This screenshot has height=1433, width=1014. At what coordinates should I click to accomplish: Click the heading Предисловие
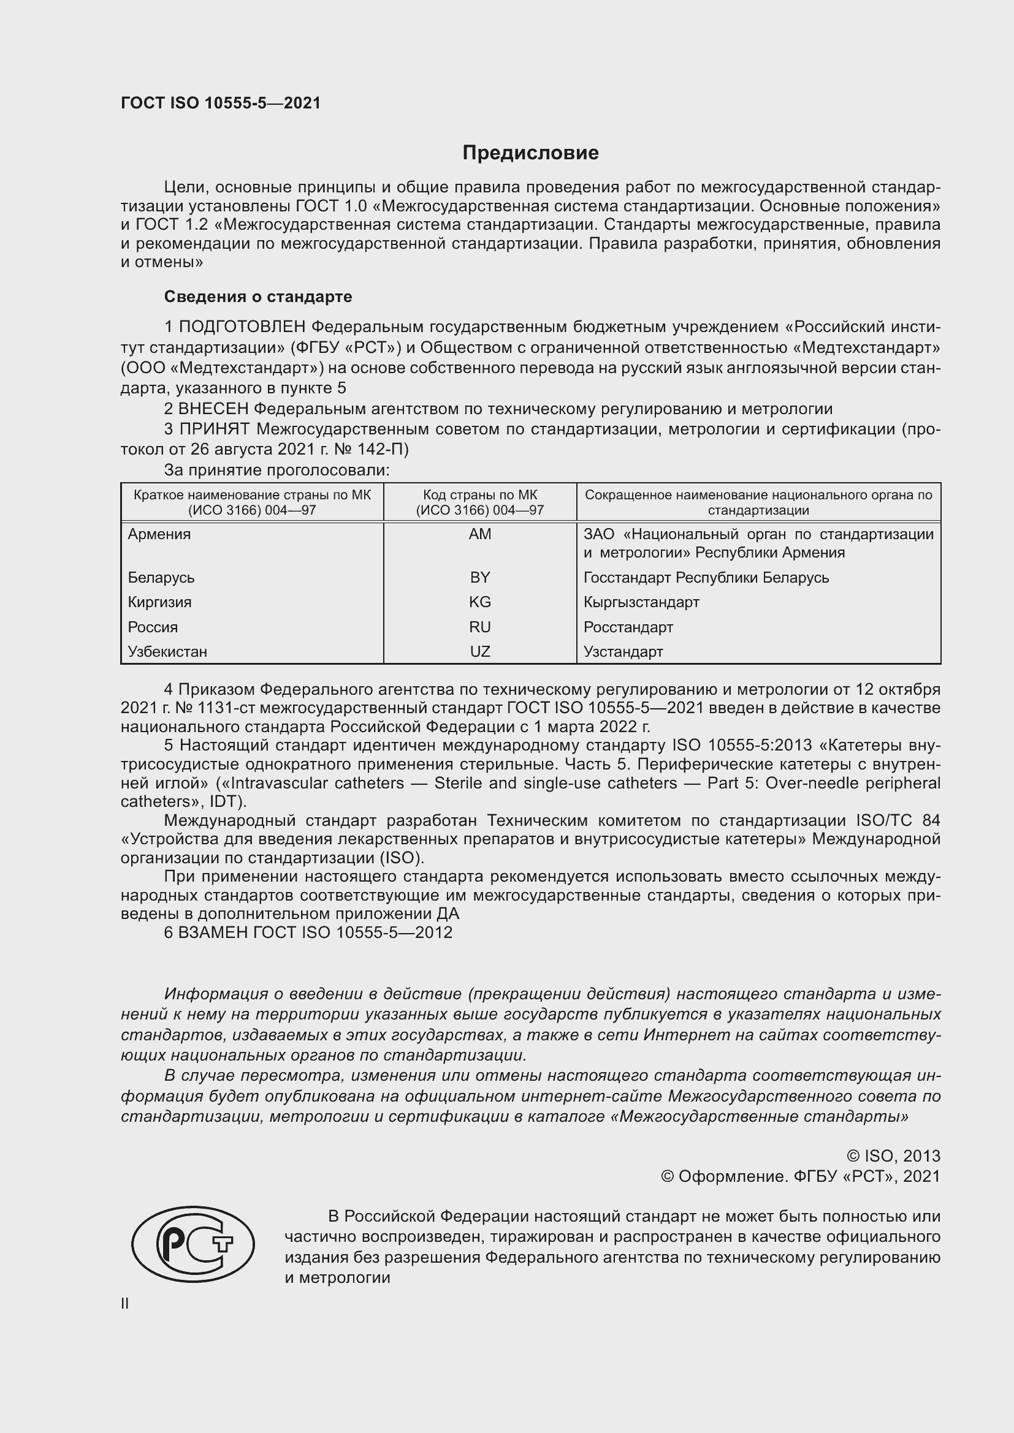coord(530,153)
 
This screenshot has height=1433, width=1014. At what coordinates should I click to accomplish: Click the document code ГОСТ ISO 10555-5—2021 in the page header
coord(221,103)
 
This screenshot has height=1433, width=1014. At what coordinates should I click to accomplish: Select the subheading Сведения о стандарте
coord(258,297)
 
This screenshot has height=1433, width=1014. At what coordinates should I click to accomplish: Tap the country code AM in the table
coord(479,534)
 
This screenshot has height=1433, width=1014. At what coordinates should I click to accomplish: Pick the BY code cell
coord(479,577)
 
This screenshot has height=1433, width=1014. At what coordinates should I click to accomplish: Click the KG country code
coord(479,602)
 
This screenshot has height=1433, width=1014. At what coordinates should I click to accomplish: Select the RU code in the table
coord(479,627)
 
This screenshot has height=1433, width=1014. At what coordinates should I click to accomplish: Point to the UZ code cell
coord(479,652)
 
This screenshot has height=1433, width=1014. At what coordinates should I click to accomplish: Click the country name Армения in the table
coord(159,534)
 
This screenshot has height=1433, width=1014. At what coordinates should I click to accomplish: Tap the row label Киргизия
coord(160,602)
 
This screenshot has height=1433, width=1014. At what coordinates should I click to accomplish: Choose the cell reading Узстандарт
coord(623,652)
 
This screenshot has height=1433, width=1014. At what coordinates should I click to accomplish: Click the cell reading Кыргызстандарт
coord(641,602)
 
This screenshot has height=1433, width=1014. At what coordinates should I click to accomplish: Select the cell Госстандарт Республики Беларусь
coord(706,577)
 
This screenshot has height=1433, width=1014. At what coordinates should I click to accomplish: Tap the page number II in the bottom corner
coord(125,1303)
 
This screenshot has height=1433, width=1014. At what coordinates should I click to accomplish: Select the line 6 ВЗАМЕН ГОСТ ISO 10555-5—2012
coord(308,932)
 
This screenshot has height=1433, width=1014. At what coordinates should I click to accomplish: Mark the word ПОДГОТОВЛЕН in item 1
coord(242,327)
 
